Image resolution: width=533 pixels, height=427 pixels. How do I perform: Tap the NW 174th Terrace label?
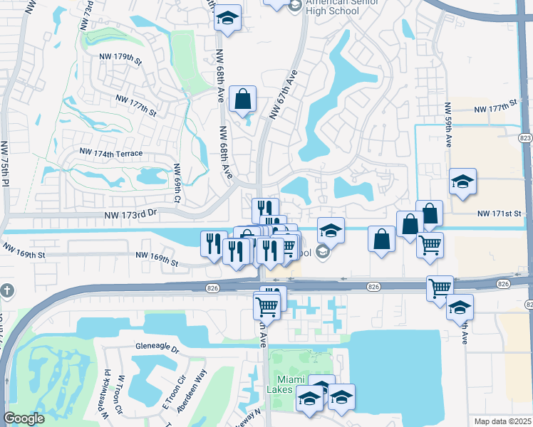[111, 153]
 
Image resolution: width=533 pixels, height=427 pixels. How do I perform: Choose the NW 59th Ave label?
[448, 125]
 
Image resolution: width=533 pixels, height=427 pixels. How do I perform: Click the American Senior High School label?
[334, 6]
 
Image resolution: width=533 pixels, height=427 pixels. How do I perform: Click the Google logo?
[24, 418]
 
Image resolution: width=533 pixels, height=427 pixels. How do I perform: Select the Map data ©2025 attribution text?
[502, 421]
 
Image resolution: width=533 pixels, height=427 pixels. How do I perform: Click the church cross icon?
[6, 291]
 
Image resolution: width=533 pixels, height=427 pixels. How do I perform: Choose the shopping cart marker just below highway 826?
[266, 307]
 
